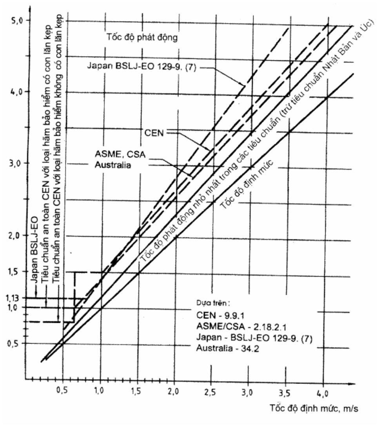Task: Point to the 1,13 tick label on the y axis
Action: pos(12,298)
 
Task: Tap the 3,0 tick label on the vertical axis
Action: pos(15,164)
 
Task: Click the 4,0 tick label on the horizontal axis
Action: pos(323,393)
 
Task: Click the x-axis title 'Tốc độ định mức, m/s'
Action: pos(314,408)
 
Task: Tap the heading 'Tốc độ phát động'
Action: pos(142,37)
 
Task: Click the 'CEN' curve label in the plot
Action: pos(154,133)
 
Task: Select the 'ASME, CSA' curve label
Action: pos(120,154)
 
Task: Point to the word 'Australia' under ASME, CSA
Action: pos(113,165)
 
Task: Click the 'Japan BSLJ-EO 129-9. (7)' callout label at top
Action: pos(141,66)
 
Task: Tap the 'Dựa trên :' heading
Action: pos(213,303)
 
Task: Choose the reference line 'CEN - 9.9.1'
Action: pos(220,315)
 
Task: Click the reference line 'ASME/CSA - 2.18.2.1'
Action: pos(241,326)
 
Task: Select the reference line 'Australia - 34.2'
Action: pos(227,348)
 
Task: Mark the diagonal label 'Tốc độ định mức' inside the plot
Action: pos(247,185)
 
